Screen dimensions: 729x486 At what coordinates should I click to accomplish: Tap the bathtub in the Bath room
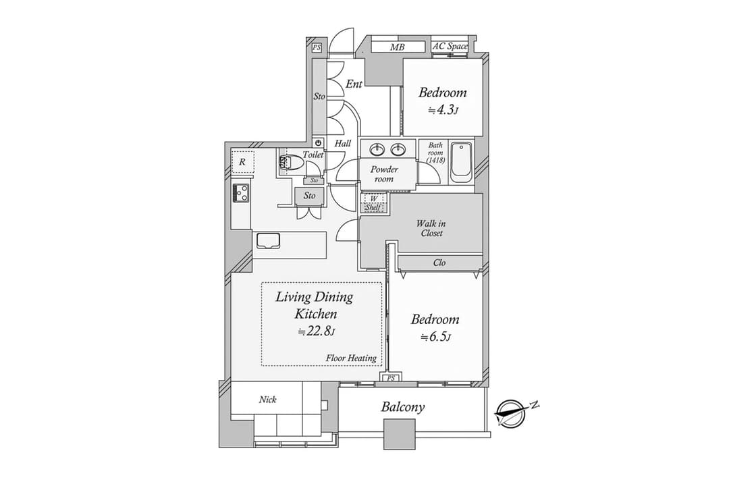point(461,162)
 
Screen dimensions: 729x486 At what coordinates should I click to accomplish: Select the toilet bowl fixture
point(290,163)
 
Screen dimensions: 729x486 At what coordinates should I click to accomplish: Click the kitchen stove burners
point(241,192)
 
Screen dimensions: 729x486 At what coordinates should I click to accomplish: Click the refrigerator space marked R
point(243,162)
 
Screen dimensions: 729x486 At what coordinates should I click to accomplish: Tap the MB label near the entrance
point(398,47)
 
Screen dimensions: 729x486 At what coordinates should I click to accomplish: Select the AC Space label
point(450,47)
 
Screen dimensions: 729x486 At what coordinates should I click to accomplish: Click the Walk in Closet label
point(431,228)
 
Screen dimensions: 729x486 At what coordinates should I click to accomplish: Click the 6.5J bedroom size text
point(435,337)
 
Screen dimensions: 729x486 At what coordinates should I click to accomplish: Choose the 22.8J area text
point(316,331)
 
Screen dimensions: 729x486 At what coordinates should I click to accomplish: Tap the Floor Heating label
point(351,358)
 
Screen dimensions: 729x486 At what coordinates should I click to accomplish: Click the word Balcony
point(402,408)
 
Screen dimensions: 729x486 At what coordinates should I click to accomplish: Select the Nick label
point(268,400)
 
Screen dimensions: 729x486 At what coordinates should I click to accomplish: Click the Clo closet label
point(439,263)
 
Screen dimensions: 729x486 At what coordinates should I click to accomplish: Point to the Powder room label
point(384,174)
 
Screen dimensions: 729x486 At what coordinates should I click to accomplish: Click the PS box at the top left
point(317,47)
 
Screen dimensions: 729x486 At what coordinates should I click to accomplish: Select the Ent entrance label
point(354,84)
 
